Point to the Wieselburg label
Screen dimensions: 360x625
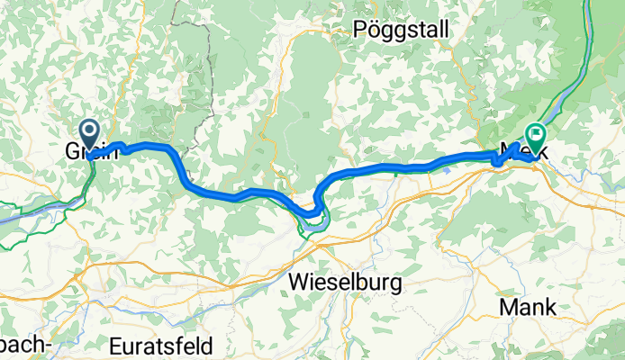click(x=347, y=283)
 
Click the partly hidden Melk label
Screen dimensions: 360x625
click(x=520, y=152)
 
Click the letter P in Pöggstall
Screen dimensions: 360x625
click(x=362, y=28)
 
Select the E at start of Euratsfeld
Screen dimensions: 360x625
click(x=114, y=346)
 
